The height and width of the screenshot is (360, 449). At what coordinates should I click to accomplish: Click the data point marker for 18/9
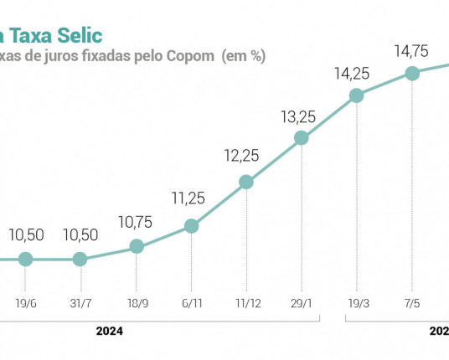click(x=137, y=247)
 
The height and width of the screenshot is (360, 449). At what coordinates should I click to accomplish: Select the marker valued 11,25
click(x=191, y=226)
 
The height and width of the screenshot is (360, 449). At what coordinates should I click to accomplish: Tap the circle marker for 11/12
click(x=245, y=182)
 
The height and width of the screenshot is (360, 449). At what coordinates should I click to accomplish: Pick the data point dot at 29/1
click(x=301, y=138)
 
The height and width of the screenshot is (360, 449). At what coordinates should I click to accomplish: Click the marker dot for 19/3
click(x=356, y=95)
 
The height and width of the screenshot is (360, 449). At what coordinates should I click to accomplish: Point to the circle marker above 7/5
click(x=412, y=73)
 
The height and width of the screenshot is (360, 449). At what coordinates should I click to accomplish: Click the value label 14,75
click(x=412, y=51)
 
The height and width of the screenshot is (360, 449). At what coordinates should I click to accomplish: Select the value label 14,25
click(x=356, y=73)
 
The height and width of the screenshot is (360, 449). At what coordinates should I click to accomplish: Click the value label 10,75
click(x=137, y=224)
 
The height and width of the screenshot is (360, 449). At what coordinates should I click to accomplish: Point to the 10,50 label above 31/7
click(x=80, y=236)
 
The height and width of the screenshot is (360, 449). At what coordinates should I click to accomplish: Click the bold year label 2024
click(x=109, y=332)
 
